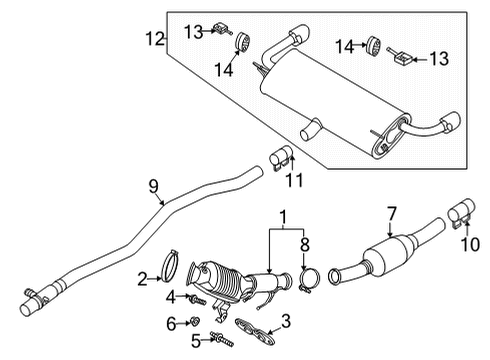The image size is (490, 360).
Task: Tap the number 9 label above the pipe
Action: click(x=153, y=184)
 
